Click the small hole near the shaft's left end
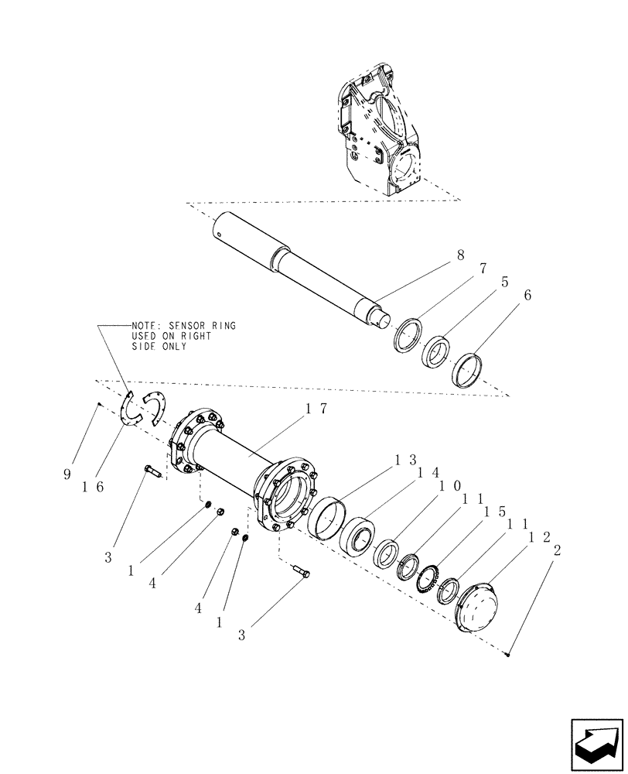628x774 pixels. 221,228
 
